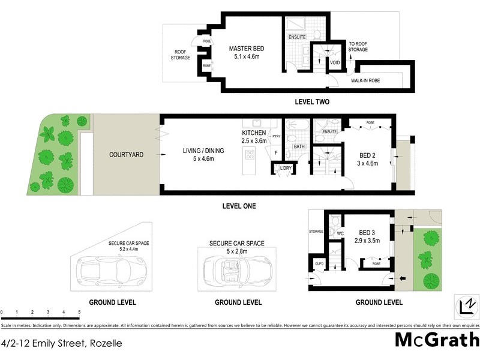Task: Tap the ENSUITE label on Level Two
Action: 297,37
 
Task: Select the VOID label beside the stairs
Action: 335,62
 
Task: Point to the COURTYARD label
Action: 126,154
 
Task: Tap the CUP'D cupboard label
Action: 319,262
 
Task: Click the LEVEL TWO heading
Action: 312,102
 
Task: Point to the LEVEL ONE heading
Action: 239,206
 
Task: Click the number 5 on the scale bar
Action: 79,313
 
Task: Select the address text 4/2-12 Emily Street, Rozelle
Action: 61,344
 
